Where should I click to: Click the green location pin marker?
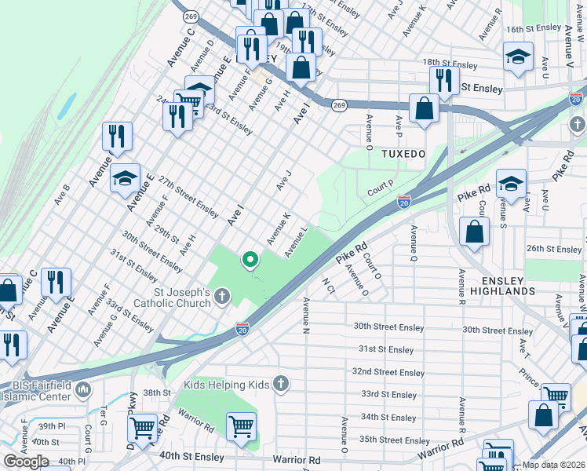coord(250,259)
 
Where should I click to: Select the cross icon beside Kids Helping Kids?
coord(281,384)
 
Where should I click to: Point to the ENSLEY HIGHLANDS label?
coord(498,285)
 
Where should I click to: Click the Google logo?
coord(26,462)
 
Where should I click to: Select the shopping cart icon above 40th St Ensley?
coord(242,427)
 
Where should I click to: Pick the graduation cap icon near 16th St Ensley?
coord(517,58)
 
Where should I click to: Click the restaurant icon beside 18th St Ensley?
coord(443,80)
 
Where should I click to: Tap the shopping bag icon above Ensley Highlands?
coord(474,232)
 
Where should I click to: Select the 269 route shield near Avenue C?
coord(191,16)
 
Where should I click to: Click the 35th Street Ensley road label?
coord(395,440)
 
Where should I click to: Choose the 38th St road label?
coord(156,392)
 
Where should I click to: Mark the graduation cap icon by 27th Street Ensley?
coord(126,180)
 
